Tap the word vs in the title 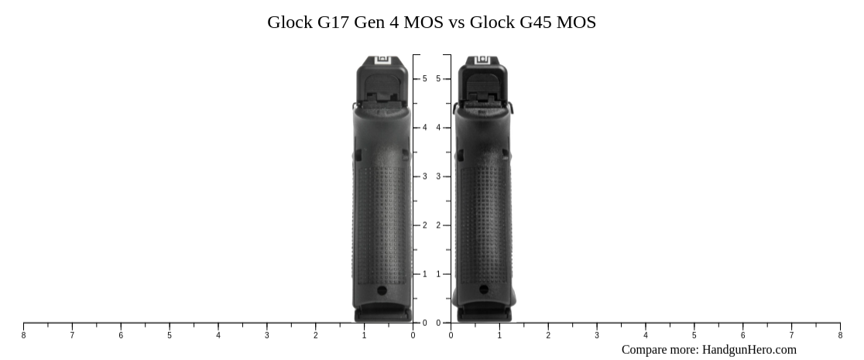coord(457,22)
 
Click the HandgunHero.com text coord(749,350)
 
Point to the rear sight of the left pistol coord(382,60)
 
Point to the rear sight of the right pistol coord(483,60)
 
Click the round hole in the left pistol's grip coord(382,290)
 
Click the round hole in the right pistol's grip coord(484,290)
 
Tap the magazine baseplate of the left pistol coord(382,314)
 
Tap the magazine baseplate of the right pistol coord(484,314)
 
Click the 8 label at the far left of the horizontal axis coord(23,335)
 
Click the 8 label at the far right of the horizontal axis coord(840,335)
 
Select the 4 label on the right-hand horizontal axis coord(646,335)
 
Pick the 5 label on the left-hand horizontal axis coord(170,335)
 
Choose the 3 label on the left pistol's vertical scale coord(424,177)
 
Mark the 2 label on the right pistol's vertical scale coord(438,225)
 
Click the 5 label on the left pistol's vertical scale coord(424,79)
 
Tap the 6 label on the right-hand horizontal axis coord(743,335)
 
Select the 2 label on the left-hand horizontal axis coord(316,335)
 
